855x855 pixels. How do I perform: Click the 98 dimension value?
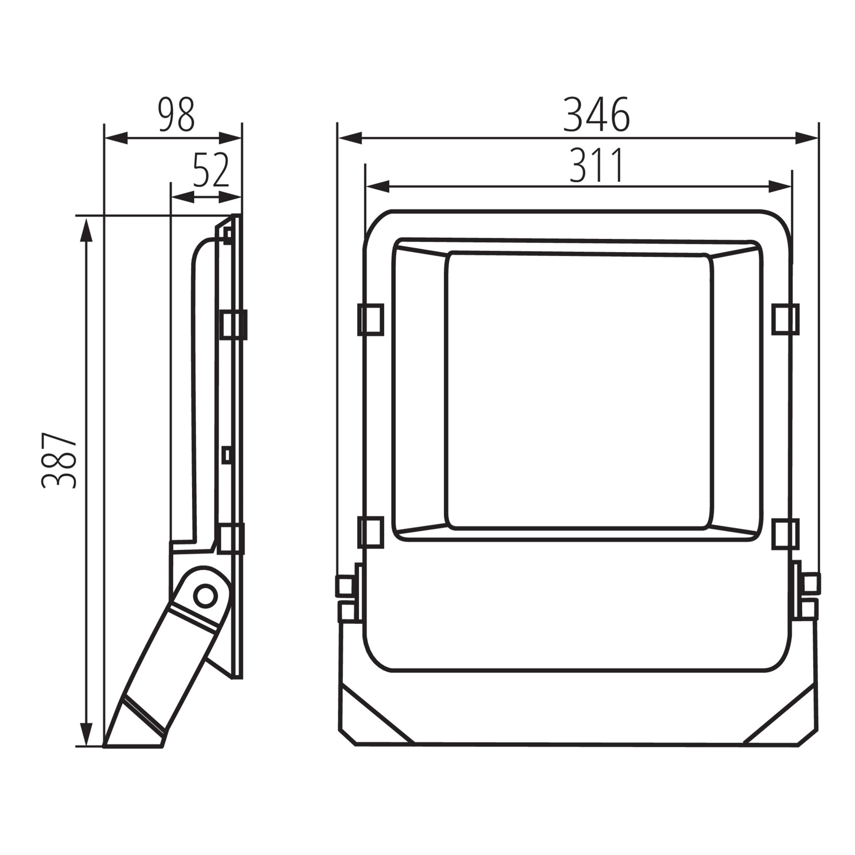tap(176, 114)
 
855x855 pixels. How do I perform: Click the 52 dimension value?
tap(211, 170)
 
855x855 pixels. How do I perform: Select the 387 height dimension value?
tap(59, 461)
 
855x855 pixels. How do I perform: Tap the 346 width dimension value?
tap(597, 114)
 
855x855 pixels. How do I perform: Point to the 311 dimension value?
tap(596, 165)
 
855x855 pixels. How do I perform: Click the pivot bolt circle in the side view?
tap(204, 595)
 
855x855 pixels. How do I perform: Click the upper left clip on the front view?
tap(371, 319)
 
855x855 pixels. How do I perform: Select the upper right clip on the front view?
tap(785, 319)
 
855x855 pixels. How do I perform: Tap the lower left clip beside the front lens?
tap(371, 533)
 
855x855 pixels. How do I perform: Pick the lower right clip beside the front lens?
tap(785, 534)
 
